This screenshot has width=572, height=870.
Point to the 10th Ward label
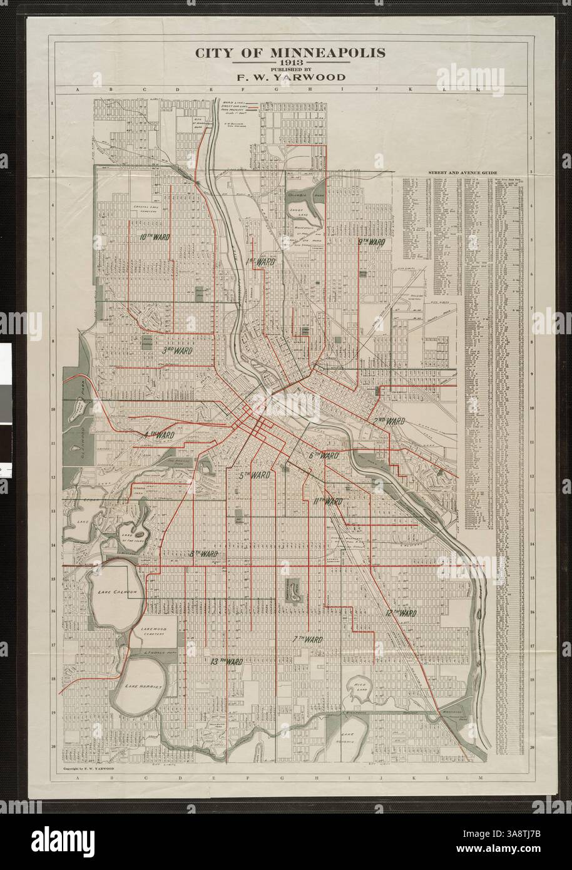152,237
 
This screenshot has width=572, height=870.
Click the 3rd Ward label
177,351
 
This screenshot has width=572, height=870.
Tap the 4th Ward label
159,434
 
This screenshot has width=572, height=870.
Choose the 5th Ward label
254,476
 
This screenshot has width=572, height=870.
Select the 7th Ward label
307,639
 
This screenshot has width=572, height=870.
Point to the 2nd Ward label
389,421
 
